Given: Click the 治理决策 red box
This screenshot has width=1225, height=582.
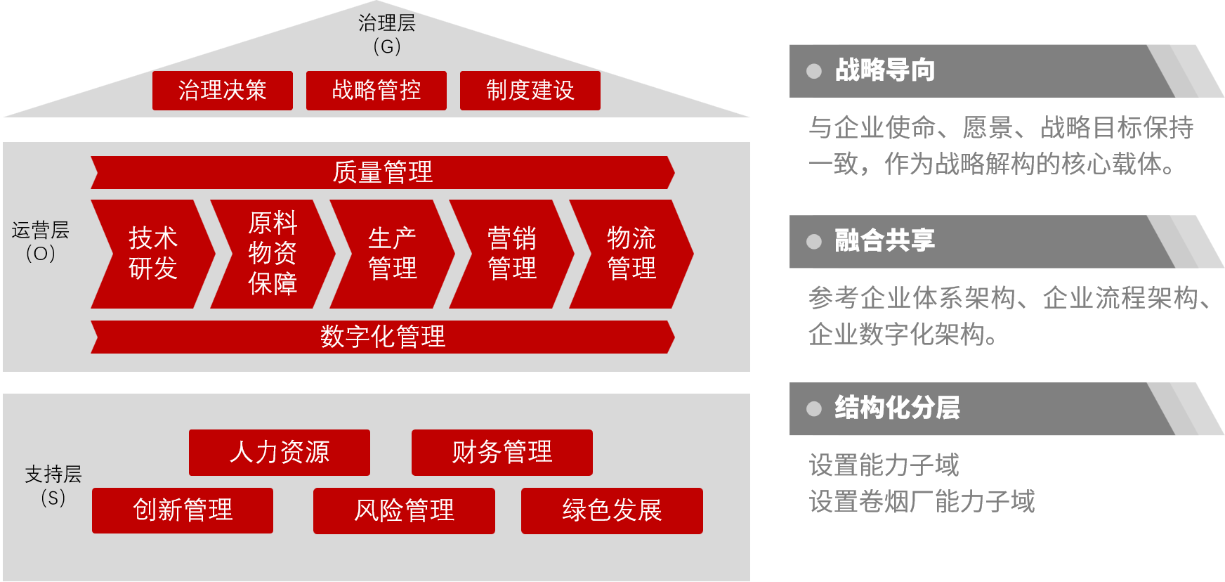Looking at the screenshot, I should click(x=222, y=91).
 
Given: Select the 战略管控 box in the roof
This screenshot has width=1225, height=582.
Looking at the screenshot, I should click(x=376, y=91).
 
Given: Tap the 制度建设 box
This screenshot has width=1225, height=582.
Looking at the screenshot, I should click(x=530, y=91).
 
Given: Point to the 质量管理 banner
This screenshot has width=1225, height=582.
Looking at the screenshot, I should click(x=382, y=172).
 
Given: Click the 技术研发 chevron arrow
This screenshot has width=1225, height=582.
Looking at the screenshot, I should click(x=153, y=254).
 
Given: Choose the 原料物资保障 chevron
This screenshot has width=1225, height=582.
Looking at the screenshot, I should click(x=273, y=254).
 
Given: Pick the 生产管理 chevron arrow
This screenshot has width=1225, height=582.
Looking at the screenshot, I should click(x=392, y=254).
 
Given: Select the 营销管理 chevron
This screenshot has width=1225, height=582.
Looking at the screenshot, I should click(x=511, y=254).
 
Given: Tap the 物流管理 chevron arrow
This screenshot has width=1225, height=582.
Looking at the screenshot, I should click(x=631, y=254).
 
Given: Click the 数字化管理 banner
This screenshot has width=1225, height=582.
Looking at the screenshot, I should click(x=382, y=337).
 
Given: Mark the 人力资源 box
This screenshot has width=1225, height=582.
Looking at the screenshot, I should click(x=279, y=453).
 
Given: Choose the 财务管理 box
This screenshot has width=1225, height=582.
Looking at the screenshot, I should click(x=502, y=453).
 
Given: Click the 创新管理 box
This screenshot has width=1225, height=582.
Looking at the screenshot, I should click(x=182, y=510).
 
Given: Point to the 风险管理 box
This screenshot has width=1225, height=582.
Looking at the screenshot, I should click(x=404, y=510).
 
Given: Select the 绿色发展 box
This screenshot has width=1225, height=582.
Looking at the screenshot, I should click(x=612, y=510).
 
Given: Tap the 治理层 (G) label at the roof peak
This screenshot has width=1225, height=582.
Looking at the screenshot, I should click(x=387, y=34).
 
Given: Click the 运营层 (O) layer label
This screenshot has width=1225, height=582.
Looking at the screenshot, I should click(x=41, y=242).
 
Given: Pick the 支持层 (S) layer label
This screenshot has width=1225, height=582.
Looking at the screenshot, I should click(x=53, y=486).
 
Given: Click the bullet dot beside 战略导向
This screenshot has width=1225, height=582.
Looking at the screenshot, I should click(x=814, y=71).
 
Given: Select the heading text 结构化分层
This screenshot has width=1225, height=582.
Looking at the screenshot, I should click(x=897, y=408).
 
